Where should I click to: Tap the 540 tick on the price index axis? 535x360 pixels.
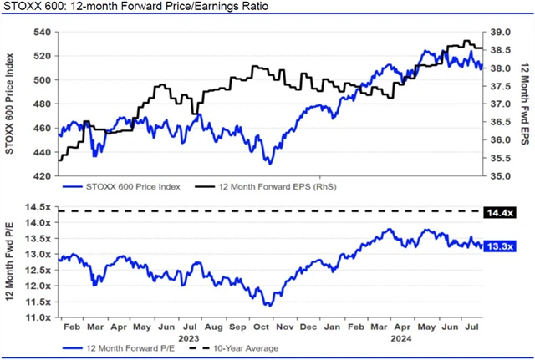[42, 33]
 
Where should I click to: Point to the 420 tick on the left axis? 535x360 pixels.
[42, 176]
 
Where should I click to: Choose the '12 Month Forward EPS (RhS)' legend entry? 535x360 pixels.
[268, 188]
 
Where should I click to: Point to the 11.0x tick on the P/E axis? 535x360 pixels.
[40, 317]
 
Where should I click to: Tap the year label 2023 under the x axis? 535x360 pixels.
[195, 338]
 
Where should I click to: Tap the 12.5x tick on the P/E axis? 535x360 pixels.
[40, 271]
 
